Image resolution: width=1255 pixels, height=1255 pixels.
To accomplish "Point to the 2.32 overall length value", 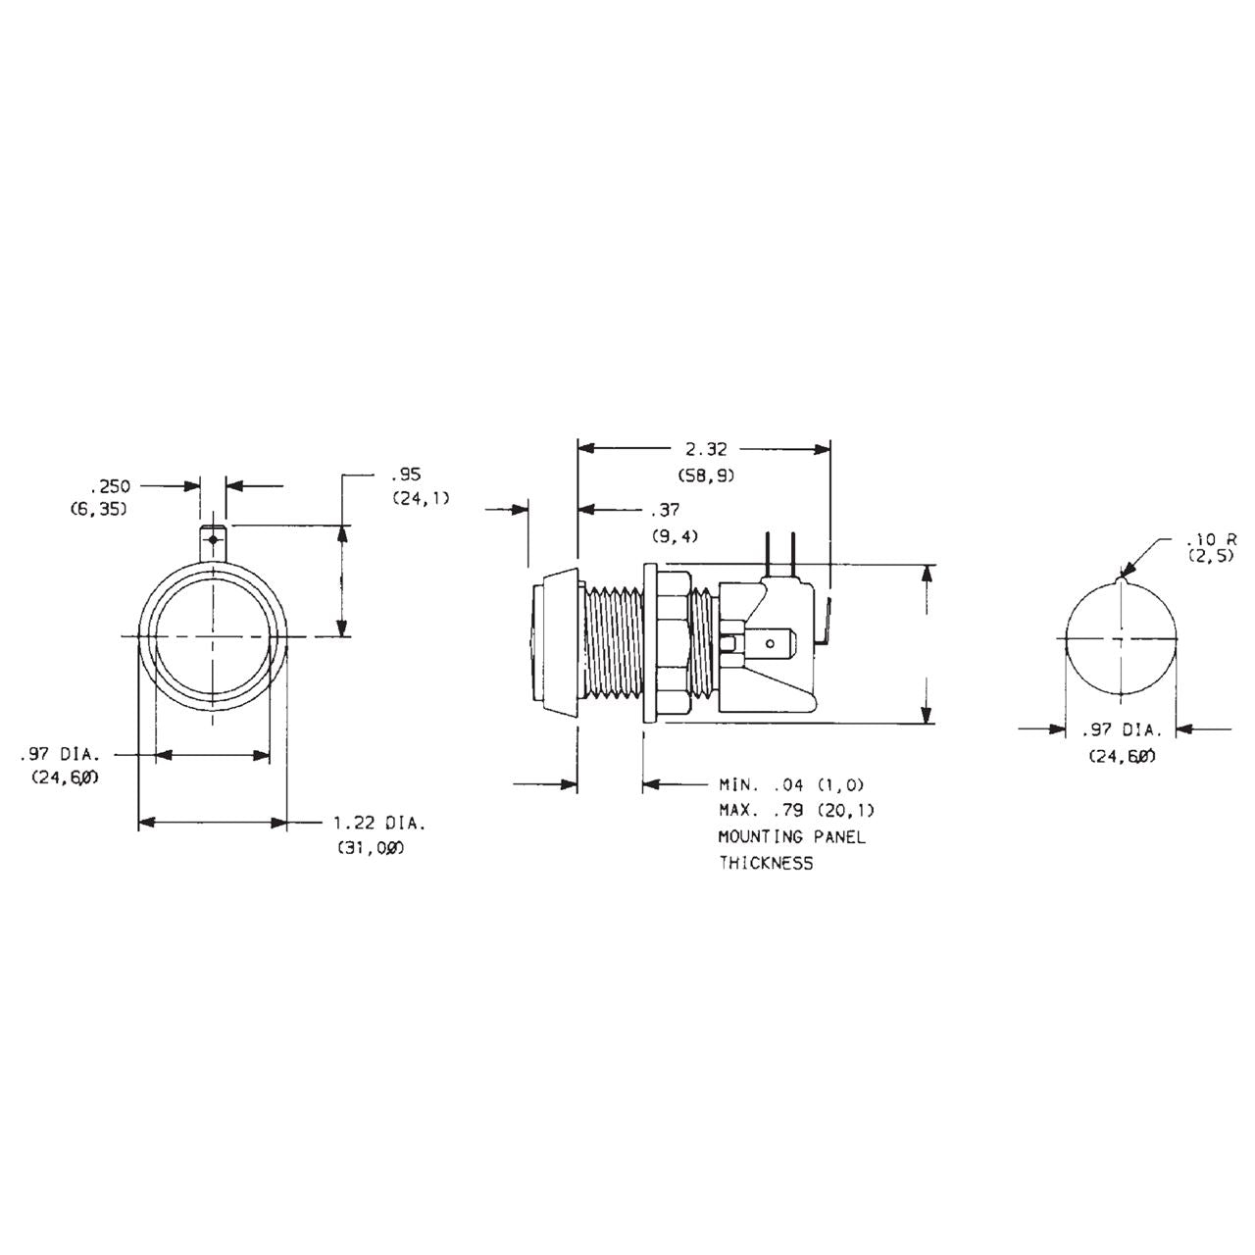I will point(706,449).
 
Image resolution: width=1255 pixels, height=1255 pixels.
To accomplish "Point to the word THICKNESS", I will point(766,864).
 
